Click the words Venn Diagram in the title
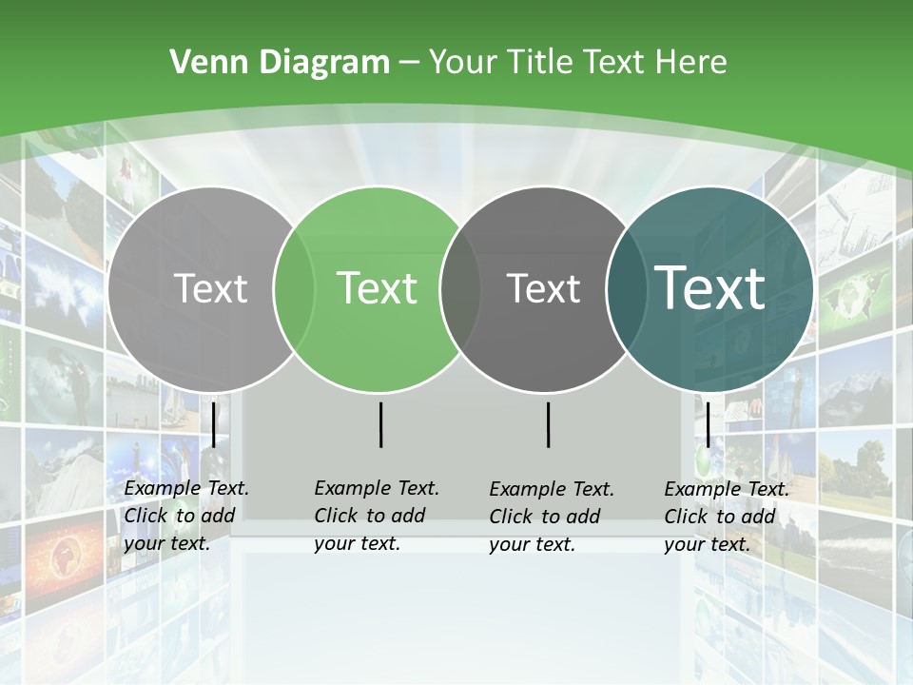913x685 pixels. (280, 63)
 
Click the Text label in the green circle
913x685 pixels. (378, 288)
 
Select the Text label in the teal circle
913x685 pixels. (710, 288)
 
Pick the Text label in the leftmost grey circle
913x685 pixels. (210, 288)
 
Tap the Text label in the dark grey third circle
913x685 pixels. (543, 288)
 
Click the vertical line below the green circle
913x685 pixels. (380, 424)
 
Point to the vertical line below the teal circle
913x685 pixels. (709, 424)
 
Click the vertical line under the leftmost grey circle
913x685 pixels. (214, 424)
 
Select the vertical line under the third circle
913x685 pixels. (549, 424)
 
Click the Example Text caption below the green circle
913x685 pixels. (376, 515)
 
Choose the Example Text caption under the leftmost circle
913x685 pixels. (185, 515)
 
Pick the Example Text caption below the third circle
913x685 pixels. (551, 516)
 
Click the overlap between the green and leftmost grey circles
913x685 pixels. (294, 288)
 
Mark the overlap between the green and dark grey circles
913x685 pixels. (460, 288)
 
